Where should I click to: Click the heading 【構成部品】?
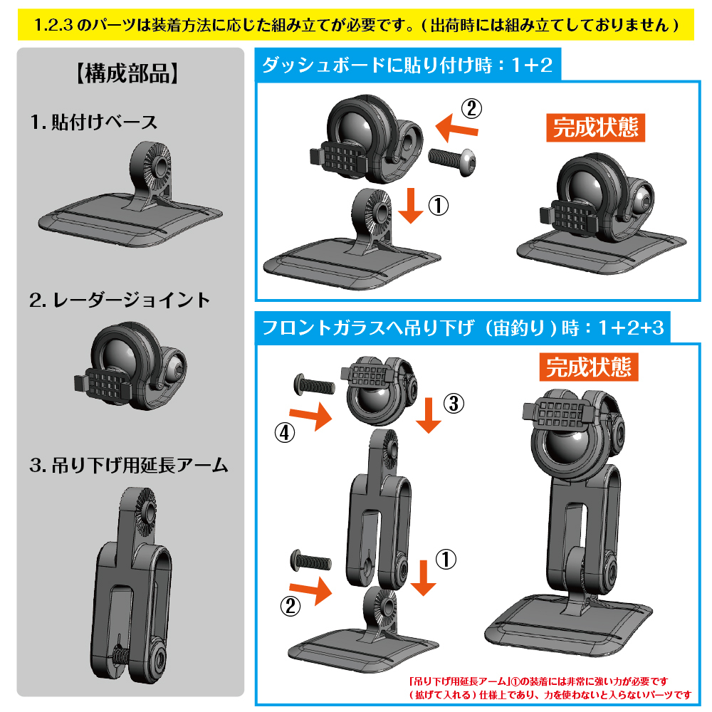127,73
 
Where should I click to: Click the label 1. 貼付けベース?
94,122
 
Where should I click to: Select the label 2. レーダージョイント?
120,300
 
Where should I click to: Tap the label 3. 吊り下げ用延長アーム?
129,466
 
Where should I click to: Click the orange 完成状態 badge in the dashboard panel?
595,127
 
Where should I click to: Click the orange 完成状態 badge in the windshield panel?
589,367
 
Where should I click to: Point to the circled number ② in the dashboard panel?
472,109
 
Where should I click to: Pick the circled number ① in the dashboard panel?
439,206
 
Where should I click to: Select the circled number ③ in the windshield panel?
454,403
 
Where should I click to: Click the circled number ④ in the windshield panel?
285,432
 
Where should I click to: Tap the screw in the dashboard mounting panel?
452,162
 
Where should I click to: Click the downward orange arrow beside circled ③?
428,415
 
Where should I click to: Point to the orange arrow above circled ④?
310,416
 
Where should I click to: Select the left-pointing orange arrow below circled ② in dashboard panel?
457,127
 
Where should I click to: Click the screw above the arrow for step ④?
315,385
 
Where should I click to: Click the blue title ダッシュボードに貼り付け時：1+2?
408,65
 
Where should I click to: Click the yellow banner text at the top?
356,24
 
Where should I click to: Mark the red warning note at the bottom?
550,688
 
